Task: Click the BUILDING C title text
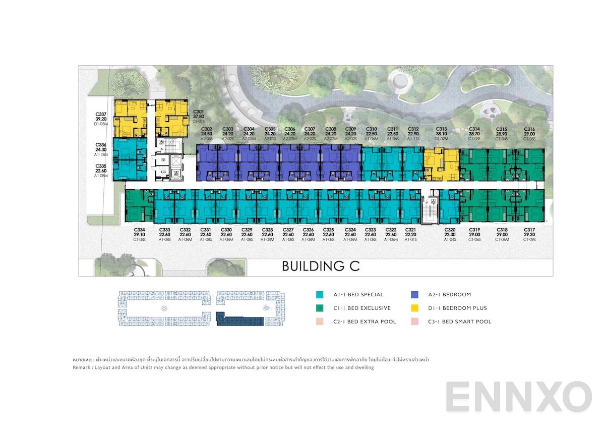click(x=321, y=266)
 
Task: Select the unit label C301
click(x=198, y=112)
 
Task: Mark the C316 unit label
click(x=529, y=129)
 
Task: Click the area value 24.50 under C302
click(x=206, y=134)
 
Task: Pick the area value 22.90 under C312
click(x=413, y=134)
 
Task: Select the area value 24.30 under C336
click(x=100, y=149)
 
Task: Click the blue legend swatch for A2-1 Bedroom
click(x=415, y=294)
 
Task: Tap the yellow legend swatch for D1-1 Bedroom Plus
click(x=415, y=308)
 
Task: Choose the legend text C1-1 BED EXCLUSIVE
click(x=361, y=308)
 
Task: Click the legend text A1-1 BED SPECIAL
click(x=358, y=294)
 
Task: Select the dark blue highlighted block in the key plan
click(x=239, y=319)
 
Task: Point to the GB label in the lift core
click(x=163, y=172)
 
